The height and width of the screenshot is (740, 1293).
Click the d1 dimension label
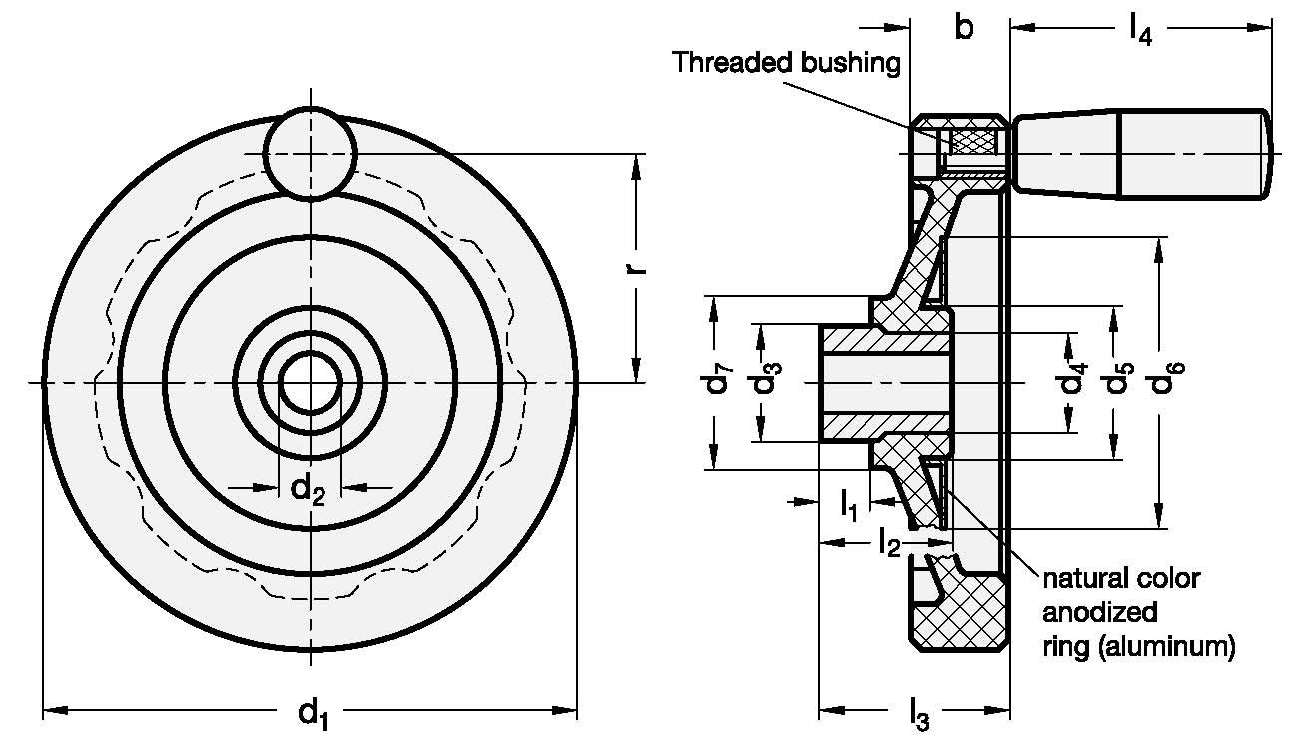click(313, 712)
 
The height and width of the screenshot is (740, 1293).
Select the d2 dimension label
click(308, 489)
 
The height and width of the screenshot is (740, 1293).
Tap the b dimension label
click(963, 27)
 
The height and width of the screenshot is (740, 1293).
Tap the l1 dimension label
click(848, 505)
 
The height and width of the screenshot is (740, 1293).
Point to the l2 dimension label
click(888, 544)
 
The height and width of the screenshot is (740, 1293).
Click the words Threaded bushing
click(786, 62)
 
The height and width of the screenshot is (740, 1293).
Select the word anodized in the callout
click(1099, 612)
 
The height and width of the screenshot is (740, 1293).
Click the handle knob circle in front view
click(310, 152)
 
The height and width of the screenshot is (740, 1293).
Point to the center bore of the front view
click(310, 382)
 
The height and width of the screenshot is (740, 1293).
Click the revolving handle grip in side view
click(1143, 153)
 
